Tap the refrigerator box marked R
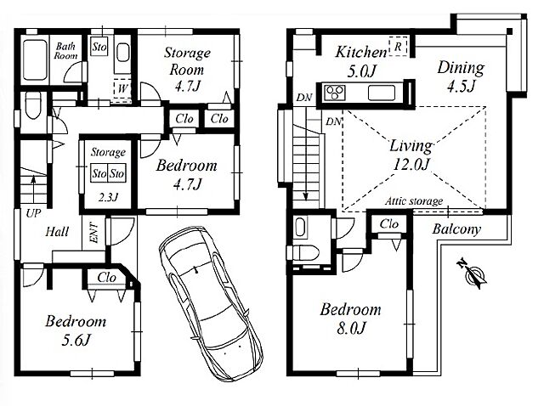click(399, 46)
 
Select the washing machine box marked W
click(122, 88)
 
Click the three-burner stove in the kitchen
click(335, 93)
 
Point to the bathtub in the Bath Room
click(35, 60)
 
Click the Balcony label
click(456, 228)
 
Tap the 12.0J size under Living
click(411, 164)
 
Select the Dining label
click(461, 67)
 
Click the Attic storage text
click(414, 201)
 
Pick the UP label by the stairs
click(33, 213)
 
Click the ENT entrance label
click(94, 233)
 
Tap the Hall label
click(57, 232)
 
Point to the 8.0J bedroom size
click(351, 328)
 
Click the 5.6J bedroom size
click(76, 340)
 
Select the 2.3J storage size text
click(108, 197)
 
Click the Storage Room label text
click(187, 61)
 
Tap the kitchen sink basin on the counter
click(382, 93)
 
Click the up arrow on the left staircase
click(33, 189)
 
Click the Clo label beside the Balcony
click(389, 224)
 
